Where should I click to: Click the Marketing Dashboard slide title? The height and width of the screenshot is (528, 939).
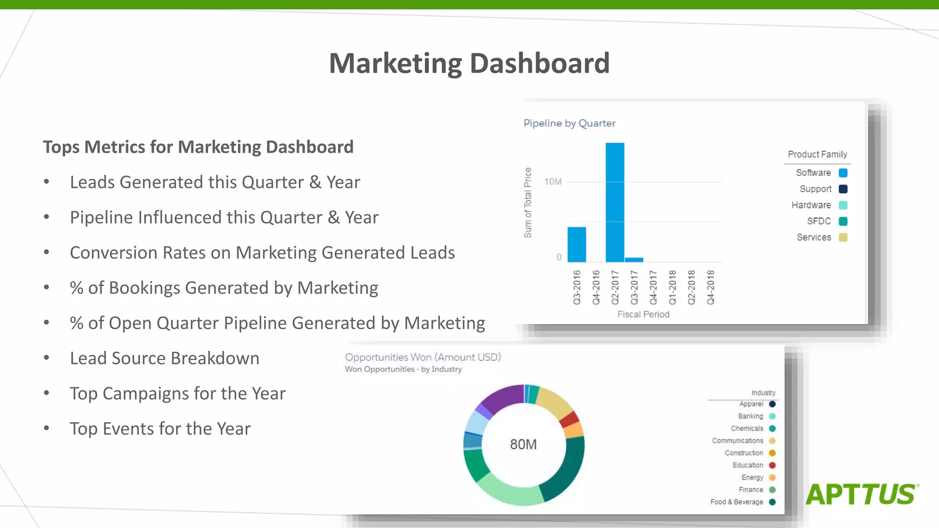[469, 63]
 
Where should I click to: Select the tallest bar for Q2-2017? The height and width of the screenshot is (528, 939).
[615, 202]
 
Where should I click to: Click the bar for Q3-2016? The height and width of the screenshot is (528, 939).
[576, 244]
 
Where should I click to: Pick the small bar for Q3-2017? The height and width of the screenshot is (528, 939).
[634, 259]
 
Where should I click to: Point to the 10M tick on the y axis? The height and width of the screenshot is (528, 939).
[553, 182]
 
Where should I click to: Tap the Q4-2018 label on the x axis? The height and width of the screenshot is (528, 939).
[711, 287]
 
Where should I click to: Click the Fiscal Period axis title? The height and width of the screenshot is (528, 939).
[643, 314]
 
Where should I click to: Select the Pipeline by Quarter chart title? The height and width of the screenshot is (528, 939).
[569, 123]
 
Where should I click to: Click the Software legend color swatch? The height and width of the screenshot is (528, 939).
[843, 173]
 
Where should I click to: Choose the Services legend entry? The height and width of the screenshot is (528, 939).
[814, 237]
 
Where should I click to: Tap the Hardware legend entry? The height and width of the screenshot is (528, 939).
[811, 205]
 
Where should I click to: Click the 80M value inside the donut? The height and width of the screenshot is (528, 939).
[523, 444]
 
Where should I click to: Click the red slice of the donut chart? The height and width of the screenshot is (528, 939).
[570, 419]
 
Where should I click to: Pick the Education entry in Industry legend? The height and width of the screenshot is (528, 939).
[748, 465]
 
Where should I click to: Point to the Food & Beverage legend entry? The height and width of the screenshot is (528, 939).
[737, 502]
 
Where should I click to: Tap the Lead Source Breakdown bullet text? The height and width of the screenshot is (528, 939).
[165, 358]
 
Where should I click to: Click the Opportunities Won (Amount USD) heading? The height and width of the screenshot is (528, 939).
[423, 357]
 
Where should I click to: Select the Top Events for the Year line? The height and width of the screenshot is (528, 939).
[160, 429]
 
